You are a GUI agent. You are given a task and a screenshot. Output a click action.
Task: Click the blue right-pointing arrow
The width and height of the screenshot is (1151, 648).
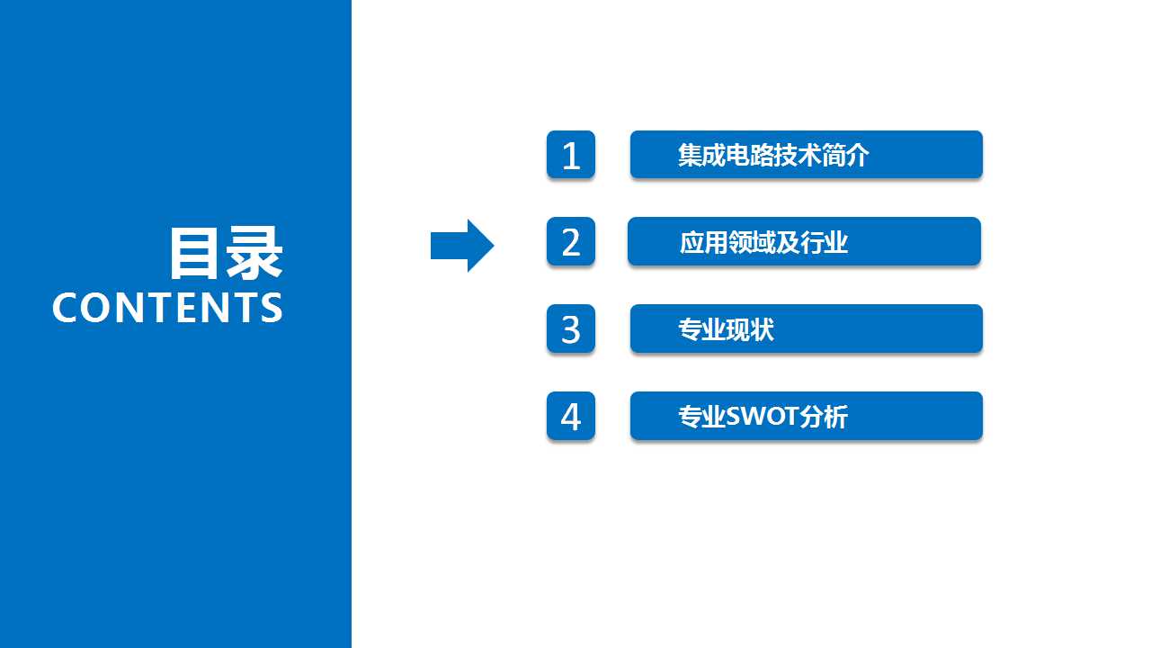tap(462, 246)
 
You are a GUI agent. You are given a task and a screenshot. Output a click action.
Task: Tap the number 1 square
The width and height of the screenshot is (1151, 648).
tap(571, 154)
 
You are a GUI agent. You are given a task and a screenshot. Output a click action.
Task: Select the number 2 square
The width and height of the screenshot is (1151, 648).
tap(571, 241)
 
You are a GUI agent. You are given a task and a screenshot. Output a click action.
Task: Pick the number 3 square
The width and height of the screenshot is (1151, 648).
tap(571, 328)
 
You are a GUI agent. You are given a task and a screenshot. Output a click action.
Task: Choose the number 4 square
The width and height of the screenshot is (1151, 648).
tap(571, 416)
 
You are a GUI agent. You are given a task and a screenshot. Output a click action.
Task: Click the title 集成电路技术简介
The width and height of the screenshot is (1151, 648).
tap(773, 155)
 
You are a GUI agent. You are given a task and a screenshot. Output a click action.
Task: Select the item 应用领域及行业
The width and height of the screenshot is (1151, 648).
tap(763, 242)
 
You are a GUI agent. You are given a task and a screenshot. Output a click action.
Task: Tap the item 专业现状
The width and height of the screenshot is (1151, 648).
tap(726, 329)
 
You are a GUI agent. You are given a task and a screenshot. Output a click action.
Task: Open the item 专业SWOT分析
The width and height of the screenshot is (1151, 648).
tap(763, 417)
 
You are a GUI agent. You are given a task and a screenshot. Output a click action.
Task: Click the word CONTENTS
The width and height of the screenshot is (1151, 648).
tap(167, 308)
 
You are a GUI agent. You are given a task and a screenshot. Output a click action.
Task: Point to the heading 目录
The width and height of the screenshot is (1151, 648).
tap(226, 254)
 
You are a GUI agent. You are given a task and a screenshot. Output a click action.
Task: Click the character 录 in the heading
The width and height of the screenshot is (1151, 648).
tap(254, 254)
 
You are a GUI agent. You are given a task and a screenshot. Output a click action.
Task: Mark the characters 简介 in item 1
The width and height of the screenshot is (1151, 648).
tap(845, 155)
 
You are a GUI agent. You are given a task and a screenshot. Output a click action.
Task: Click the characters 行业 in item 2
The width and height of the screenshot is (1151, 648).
tap(824, 242)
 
